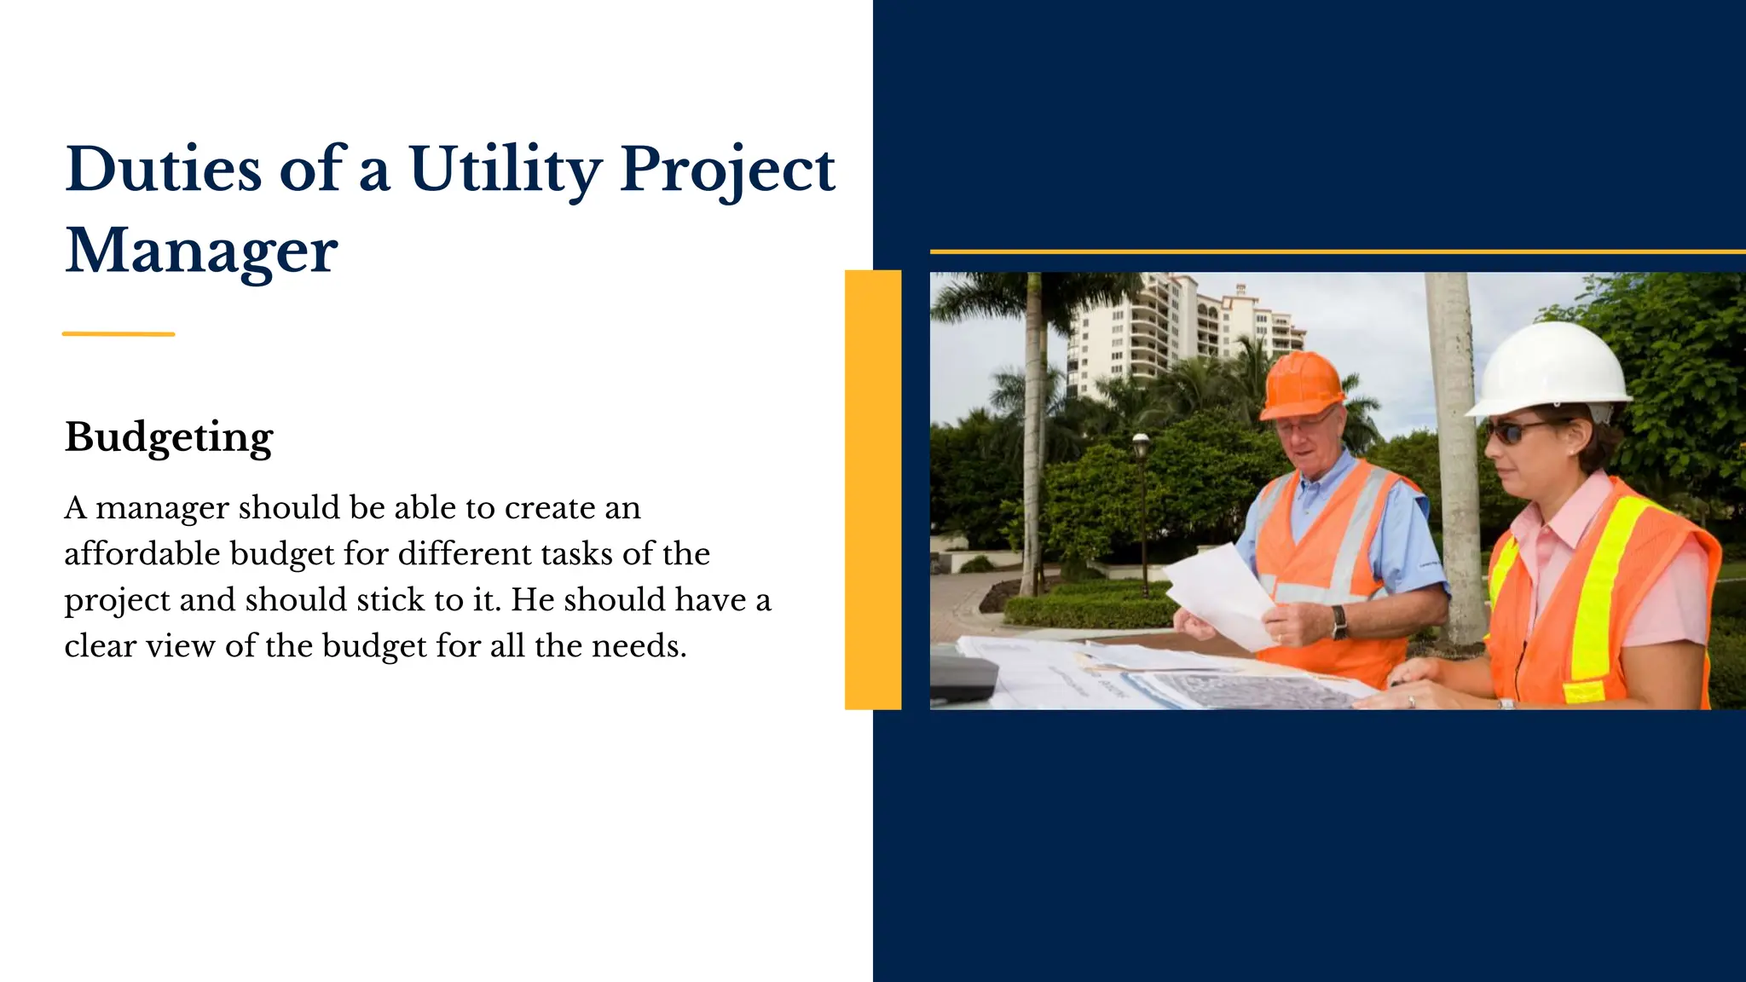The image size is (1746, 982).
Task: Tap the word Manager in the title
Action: tap(202, 251)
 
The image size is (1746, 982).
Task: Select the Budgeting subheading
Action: tap(169, 437)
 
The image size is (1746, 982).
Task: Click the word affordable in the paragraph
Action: tap(142, 554)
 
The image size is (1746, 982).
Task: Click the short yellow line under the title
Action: tap(119, 334)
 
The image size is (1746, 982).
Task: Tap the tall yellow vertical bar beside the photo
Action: tap(873, 489)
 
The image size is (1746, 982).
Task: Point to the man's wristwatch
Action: tap(1339, 621)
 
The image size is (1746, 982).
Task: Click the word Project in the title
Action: tap(727, 170)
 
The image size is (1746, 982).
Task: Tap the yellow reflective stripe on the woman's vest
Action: tap(1603, 588)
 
